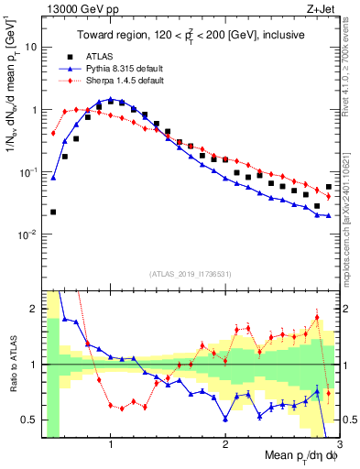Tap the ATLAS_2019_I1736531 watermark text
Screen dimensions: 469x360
click(x=190, y=274)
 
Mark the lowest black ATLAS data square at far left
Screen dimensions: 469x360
click(x=53, y=212)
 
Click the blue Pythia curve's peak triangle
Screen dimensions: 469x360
click(x=111, y=99)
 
